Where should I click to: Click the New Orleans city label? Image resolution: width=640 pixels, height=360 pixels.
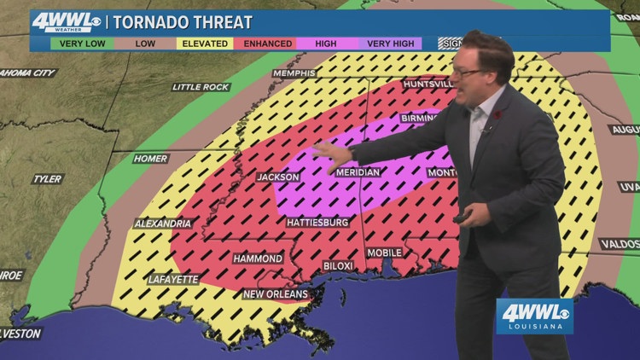pos(276,294)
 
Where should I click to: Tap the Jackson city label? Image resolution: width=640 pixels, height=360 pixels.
pos(278,177)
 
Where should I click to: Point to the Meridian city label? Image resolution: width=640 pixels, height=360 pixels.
pos(358,171)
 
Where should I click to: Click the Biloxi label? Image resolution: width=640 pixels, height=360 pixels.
pos(338,266)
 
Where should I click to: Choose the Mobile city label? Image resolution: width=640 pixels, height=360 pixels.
pos(384,253)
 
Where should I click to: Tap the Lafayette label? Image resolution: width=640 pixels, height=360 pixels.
pos(173,279)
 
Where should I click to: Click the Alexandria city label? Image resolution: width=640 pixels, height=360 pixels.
pos(162,224)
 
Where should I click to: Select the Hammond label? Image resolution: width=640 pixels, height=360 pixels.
pos(258,258)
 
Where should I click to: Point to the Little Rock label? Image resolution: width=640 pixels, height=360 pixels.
pos(201,87)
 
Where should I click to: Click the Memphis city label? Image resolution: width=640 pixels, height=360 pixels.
pos(294,73)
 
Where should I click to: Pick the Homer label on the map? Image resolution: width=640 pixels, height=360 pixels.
pos(150,159)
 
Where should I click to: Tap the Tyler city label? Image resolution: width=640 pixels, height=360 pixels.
pos(47,179)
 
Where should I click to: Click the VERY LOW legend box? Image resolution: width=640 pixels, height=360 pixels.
pos(82,44)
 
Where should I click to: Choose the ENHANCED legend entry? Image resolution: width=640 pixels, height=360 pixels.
pos(268,44)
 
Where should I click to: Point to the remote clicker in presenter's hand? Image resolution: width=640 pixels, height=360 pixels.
pos(462,219)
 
